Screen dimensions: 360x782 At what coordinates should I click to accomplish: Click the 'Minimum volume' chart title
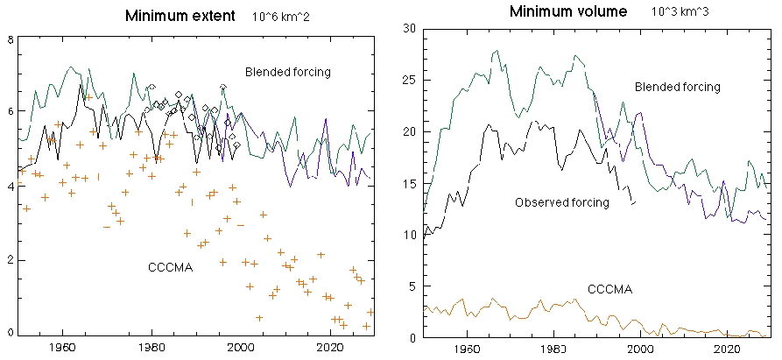tap(567, 12)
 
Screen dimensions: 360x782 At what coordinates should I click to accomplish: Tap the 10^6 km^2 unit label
tap(278, 17)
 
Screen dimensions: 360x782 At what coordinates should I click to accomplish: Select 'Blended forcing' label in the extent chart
tap(288, 72)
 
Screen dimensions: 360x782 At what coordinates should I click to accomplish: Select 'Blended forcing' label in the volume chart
tap(677, 87)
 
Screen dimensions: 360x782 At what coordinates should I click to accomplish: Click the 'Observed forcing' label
tap(561, 202)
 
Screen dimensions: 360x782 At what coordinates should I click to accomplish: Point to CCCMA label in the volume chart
tap(609, 289)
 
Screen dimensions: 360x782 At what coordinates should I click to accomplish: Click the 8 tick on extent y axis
tap(9, 39)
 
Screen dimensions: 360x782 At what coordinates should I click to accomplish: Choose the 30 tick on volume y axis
tap(409, 29)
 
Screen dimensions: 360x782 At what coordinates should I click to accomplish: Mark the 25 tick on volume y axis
tap(409, 81)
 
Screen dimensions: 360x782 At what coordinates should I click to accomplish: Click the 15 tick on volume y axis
tap(409, 184)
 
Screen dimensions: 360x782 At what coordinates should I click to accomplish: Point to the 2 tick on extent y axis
tap(9, 260)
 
